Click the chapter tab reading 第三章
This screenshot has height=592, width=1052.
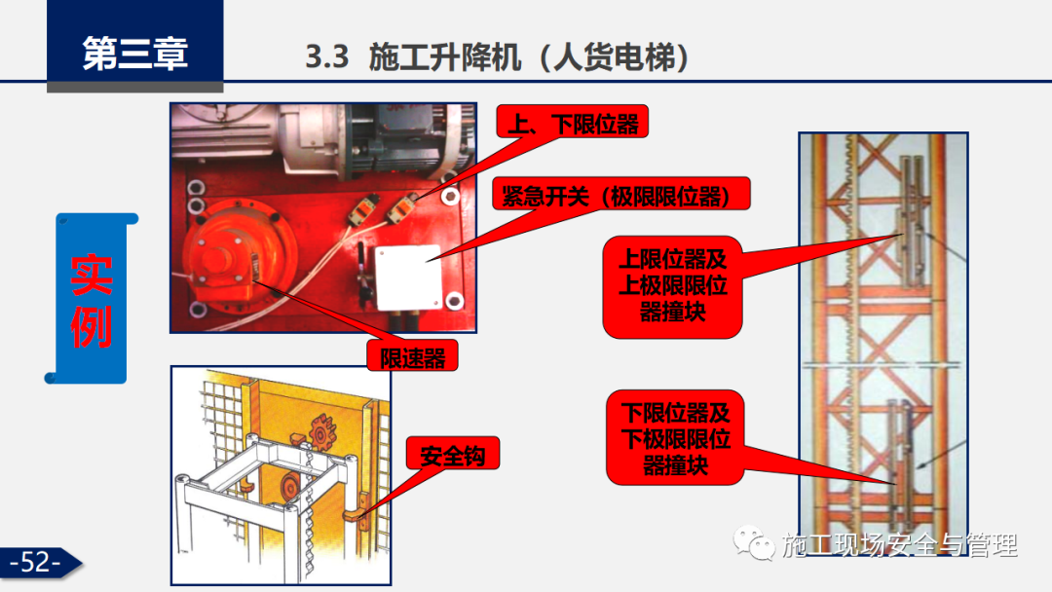pyautogui.click(x=134, y=52)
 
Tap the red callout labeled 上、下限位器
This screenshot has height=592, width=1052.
pyautogui.click(x=572, y=125)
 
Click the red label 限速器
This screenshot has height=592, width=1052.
pyautogui.click(x=412, y=356)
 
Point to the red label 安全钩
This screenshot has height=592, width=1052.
pyautogui.click(x=452, y=454)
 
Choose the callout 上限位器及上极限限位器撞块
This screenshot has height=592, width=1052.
pyautogui.click(x=672, y=286)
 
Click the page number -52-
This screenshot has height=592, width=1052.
pyautogui.click(x=36, y=563)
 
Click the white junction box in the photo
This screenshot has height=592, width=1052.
pyautogui.click(x=407, y=276)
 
